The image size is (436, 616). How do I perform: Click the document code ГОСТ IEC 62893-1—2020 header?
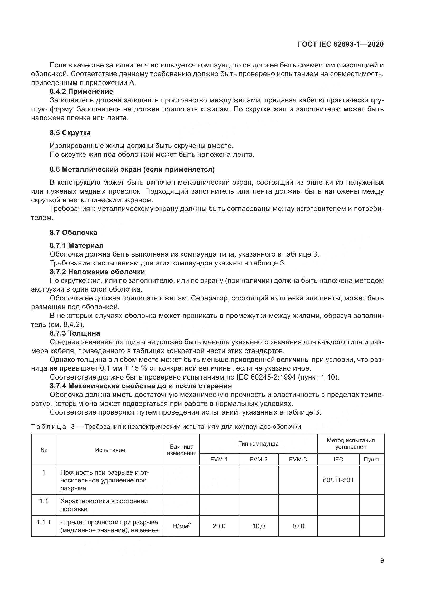341,44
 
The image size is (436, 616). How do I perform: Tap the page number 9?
382,560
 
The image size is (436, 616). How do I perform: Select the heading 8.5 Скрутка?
70,133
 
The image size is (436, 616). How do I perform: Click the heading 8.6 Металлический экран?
132,169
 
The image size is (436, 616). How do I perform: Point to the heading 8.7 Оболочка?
73,232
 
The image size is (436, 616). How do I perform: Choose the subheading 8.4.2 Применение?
81,91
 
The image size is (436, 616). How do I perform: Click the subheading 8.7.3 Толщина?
75,333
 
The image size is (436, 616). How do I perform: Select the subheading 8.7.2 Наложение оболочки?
97,272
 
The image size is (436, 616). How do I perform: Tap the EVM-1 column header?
219,459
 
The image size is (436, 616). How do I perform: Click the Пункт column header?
371,459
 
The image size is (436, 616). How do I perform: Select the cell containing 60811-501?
338,480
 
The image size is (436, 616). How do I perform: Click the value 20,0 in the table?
219,526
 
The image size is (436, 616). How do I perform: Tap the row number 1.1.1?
43,522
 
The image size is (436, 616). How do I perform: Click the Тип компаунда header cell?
258,444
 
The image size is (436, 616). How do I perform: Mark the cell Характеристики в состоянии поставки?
104,505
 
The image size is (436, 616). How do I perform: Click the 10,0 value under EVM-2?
258,526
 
